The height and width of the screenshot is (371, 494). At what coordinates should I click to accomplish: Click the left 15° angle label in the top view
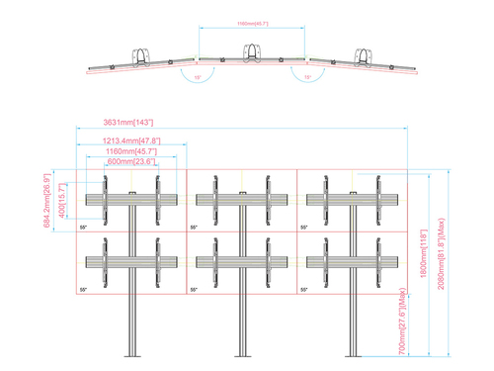(x=197, y=75)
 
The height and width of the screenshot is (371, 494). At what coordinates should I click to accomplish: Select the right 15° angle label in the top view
(x=308, y=75)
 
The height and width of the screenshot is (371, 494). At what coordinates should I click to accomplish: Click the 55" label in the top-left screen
(x=84, y=228)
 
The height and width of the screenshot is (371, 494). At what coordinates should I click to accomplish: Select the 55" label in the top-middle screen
(x=195, y=228)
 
